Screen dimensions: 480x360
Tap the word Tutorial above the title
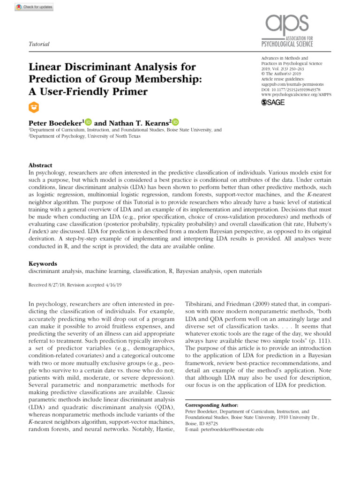click(x=39, y=44)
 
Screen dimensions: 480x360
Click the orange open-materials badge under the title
click(x=34, y=107)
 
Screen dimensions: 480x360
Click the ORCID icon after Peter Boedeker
click(x=89, y=122)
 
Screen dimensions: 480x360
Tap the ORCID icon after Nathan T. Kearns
click(x=175, y=122)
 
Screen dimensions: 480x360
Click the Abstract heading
click(x=41, y=165)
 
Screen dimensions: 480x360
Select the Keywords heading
click(x=43, y=264)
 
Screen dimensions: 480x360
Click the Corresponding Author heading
click(x=212, y=405)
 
